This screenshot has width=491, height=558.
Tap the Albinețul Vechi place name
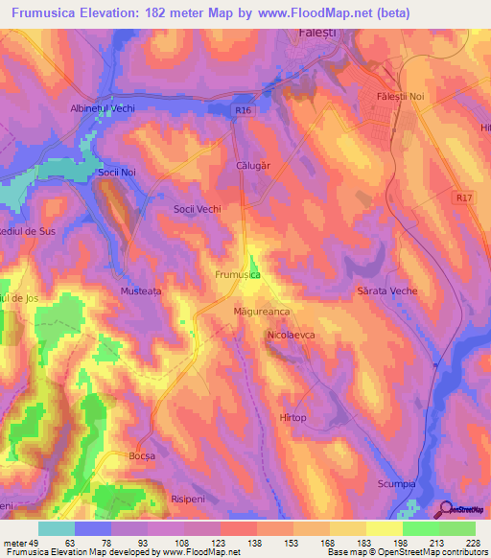click(103, 108)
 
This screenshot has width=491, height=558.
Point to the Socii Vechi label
click(197, 208)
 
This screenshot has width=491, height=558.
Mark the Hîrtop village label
click(292, 418)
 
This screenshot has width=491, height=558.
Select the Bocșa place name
click(142, 456)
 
